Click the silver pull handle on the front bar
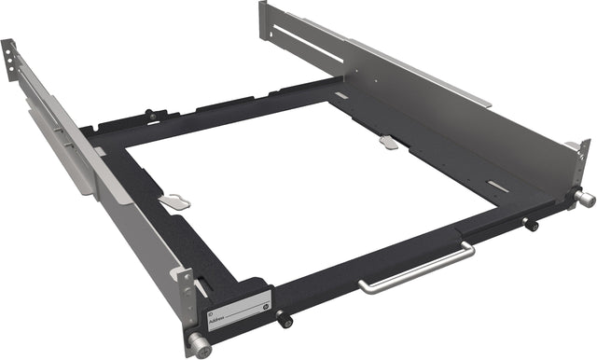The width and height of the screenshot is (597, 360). [x=415, y=270]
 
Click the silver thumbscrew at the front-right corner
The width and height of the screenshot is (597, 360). [x=585, y=199]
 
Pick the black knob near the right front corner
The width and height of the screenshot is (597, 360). [x=532, y=225]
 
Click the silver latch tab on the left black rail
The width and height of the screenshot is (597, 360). [x=174, y=201]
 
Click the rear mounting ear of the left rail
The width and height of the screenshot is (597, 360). [x=9, y=56]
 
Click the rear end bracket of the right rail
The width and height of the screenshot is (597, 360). [x=264, y=21]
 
